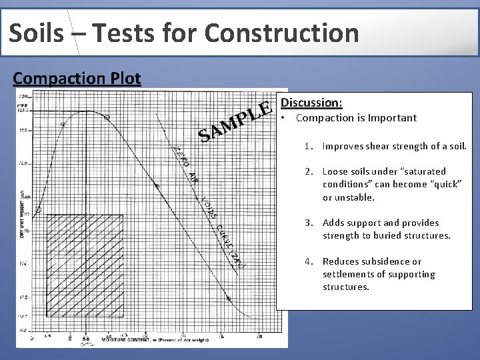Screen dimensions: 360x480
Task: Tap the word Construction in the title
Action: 282,32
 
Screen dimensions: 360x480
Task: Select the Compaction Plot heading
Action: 77,78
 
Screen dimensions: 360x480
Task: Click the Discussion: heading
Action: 311,103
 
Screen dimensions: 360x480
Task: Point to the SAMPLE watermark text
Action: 235,121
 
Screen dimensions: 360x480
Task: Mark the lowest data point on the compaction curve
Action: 229,299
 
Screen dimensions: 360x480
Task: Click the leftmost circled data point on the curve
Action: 38,209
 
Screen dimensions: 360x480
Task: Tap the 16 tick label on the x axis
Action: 222,337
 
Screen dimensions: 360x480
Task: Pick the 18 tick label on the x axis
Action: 259,337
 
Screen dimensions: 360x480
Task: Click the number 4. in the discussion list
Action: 309,261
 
